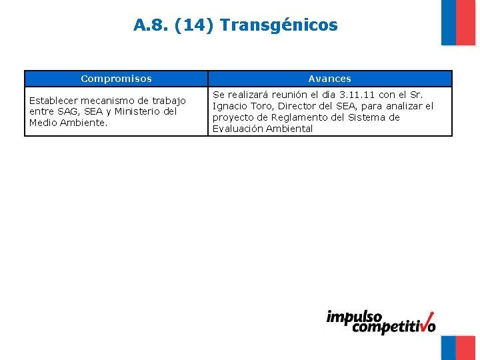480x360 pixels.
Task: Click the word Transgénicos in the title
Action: click(279, 25)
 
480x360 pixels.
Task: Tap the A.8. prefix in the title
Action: click(151, 25)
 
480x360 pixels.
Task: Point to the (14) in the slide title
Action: click(194, 25)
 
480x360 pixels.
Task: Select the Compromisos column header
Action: click(116, 79)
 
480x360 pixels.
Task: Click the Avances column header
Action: click(329, 79)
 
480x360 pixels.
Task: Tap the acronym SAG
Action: click(67, 111)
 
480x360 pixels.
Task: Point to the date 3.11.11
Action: click(357, 95)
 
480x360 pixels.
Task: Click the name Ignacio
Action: click(230, 106)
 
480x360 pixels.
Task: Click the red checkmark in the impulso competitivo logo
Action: click(427, 321)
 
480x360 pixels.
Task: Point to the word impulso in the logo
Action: click(354, 317)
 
